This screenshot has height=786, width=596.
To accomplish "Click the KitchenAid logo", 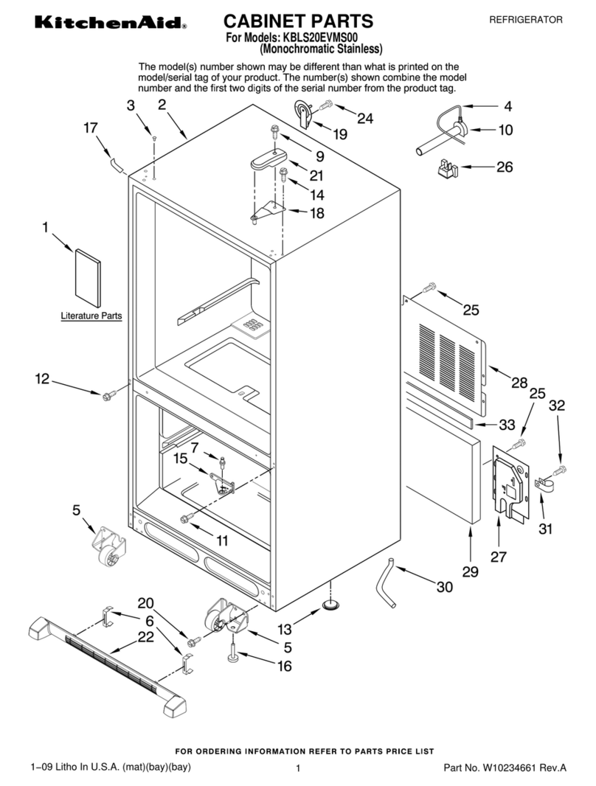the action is click(111, 23).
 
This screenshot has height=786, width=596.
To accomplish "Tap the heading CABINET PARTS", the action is click(298, 21).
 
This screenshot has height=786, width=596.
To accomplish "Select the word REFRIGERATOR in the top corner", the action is click(526, 20).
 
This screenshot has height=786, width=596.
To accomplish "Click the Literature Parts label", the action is click(91, 316).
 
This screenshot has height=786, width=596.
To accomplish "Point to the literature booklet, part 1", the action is click(88, 277).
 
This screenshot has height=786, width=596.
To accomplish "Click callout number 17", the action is click(90, 128).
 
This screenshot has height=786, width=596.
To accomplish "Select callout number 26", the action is click(505, 167).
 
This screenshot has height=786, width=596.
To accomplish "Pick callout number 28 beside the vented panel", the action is click(519, 383).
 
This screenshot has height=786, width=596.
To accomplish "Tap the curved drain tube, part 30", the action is click(386, 582).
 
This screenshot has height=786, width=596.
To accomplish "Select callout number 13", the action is click(285, 629).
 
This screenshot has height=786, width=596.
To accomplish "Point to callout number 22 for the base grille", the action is click(146, 637).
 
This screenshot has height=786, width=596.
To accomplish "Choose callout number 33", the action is click(507, 425).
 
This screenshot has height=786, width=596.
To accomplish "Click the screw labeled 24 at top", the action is click(326, 105).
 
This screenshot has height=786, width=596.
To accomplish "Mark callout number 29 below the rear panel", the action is click(470, 571).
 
